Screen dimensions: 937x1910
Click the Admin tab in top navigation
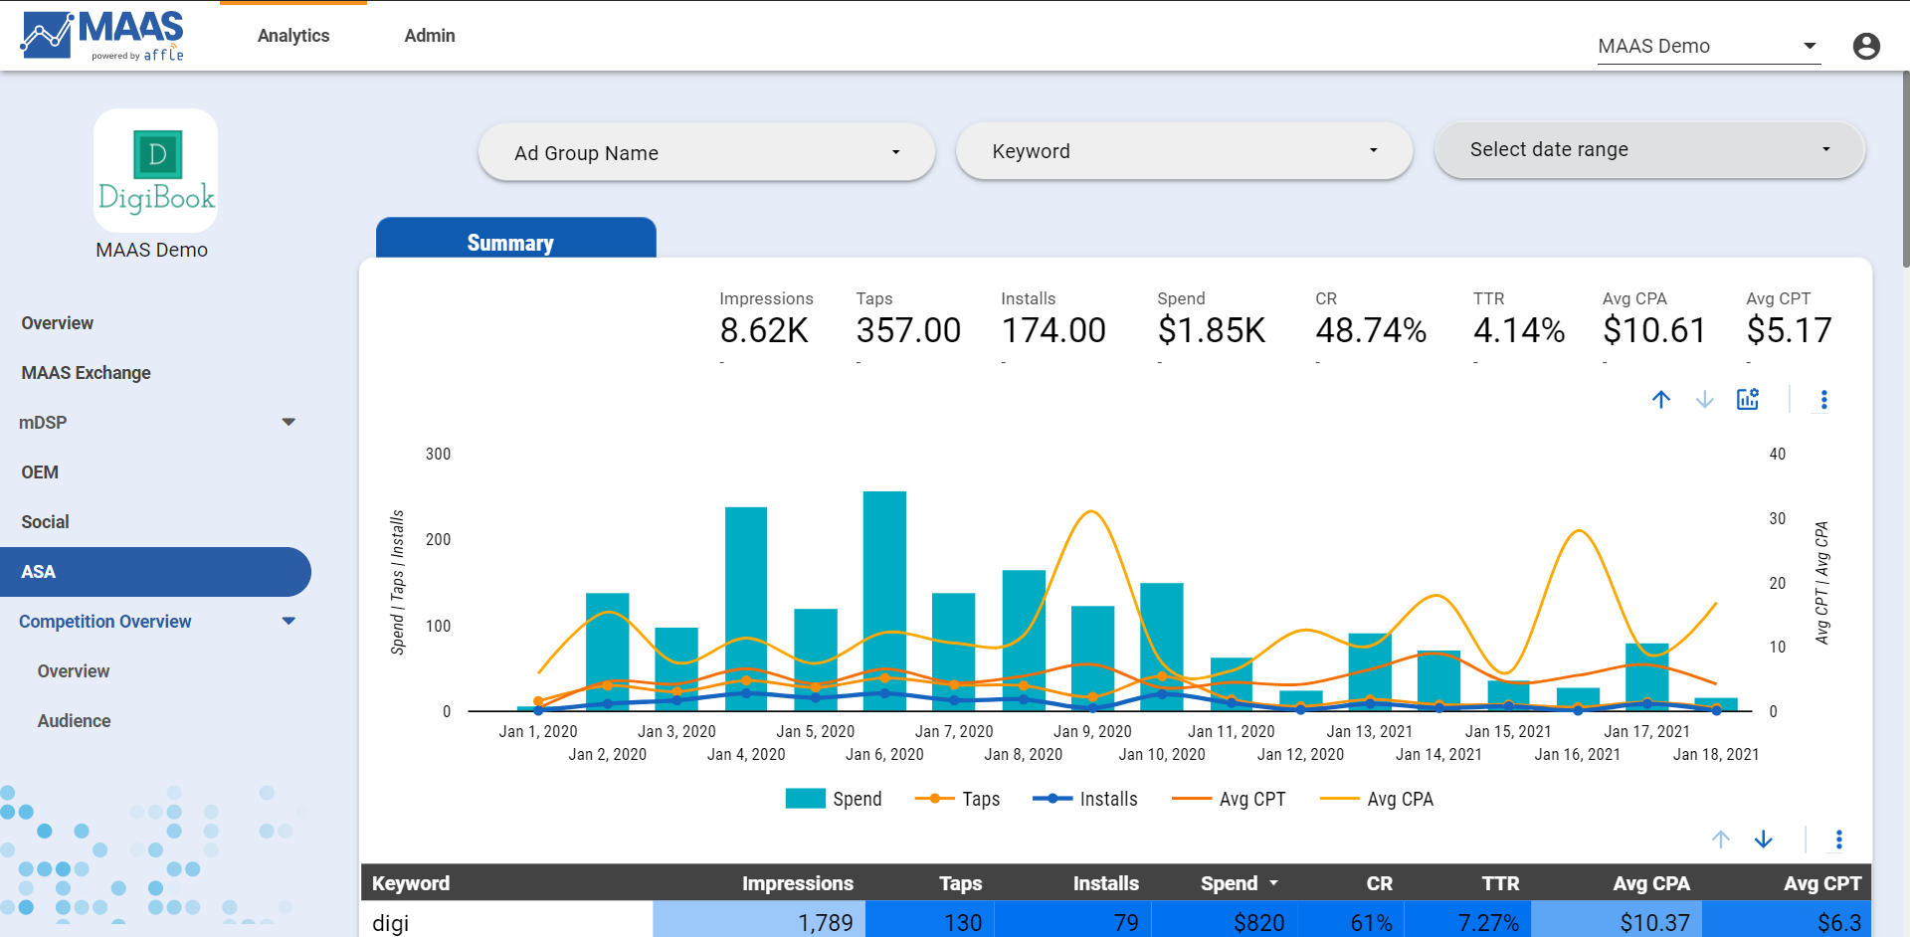pyautogui.click(x=430, y=36)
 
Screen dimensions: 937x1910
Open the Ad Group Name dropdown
pyautogui.click(x=705, y=153)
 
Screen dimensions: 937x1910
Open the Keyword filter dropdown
pyautogui.click(x=1183, y=151)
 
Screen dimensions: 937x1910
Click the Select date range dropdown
pyautogui.click(x=1648, y=150)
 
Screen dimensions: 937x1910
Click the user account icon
pyautogui.click(x=1866, y=47)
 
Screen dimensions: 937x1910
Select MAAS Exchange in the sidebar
pyautogui.click(x=87, y=373)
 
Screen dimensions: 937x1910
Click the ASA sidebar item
pyautogui.click(x=39, y=572)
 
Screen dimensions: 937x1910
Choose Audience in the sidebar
pyautogui.click(x=74, y=721)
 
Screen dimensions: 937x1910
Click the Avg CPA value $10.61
pyautogui.click(x=1653, y=330)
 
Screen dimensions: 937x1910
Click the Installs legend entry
pyautogui.click(x=1085, y=799)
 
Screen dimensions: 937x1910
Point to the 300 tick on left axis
pyautogui.click(x=438, y=455)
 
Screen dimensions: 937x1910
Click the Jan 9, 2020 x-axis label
pyautogui.click(x=1092, y=731)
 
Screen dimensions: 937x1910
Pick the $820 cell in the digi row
pyautogui.click(x=1258, y=923)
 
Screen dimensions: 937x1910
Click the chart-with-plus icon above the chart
pyautogui.click(x=1747, y=400)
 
